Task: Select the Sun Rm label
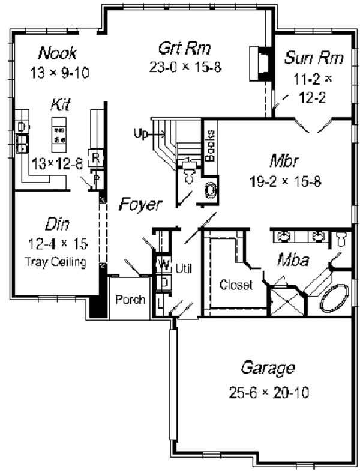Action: click(x=314, y=58)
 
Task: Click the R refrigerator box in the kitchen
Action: click(x=95, y=159)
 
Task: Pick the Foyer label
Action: click(x=139, y=204)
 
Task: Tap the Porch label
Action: click(x=130, y=299)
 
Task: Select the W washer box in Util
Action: click(x=161, y=264)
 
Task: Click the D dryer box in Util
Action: click(x=161, y=281)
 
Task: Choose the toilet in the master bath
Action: click(x=341, y=239)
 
